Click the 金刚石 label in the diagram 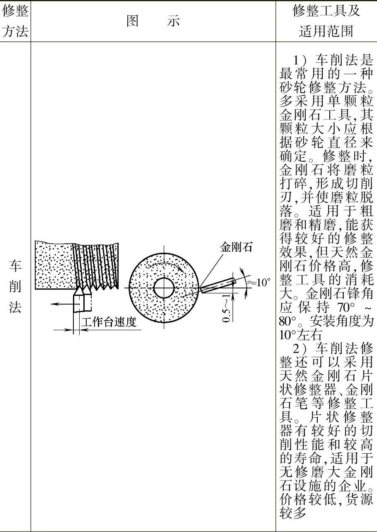click(236, 247)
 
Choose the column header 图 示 click(153, 22)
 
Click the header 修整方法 click(15, 22)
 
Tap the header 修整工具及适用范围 click(326, 22)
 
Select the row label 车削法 click(15, 286)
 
